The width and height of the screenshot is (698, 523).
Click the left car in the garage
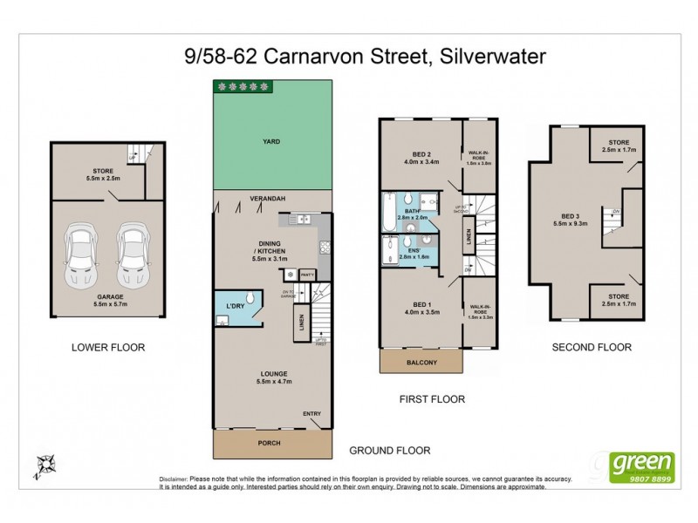pyautogui.click(x=83, y=256)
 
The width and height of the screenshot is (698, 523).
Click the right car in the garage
pyautogui.click(x=133, y=256)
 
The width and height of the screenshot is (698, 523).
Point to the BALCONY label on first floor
pyautogui.click(x=421, y=362)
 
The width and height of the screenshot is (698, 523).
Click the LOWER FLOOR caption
pyautogui.click(x=108, y=347)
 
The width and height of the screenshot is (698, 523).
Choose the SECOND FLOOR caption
pyautogui.click(x=591, y=347)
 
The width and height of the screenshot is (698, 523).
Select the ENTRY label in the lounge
pyautogui.click(x=311, y=414)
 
